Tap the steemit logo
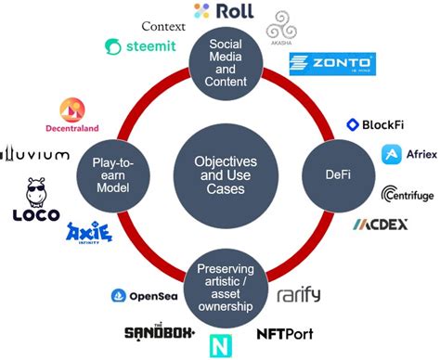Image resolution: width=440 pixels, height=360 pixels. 140,46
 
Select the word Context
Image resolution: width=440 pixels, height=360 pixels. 163,24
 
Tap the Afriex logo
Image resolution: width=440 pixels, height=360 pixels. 409,155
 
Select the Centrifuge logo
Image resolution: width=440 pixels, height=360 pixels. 406,194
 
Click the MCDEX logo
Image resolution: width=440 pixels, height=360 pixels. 380,225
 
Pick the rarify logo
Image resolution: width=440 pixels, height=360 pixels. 298,296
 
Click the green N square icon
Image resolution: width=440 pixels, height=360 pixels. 223,344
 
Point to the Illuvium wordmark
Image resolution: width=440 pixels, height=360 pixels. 34,154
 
